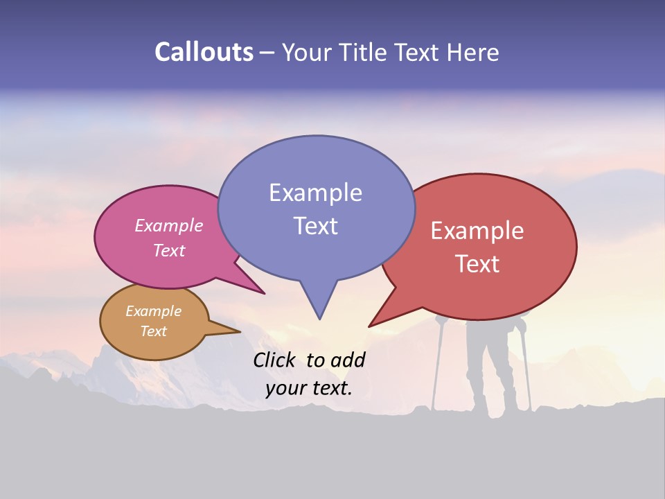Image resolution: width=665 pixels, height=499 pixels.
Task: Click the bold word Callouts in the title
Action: click(204, 53)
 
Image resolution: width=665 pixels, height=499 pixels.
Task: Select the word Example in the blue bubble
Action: click(315, 193)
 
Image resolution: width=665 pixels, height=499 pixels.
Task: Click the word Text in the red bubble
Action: click(477, 264)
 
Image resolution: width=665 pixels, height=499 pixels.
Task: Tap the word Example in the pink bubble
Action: click(168, 225)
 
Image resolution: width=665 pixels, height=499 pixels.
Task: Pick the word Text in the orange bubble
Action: click(153, 331)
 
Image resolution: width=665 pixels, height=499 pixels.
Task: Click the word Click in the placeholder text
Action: click(276, 360)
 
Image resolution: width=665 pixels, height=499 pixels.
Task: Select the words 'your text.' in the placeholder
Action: click(309, 388)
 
